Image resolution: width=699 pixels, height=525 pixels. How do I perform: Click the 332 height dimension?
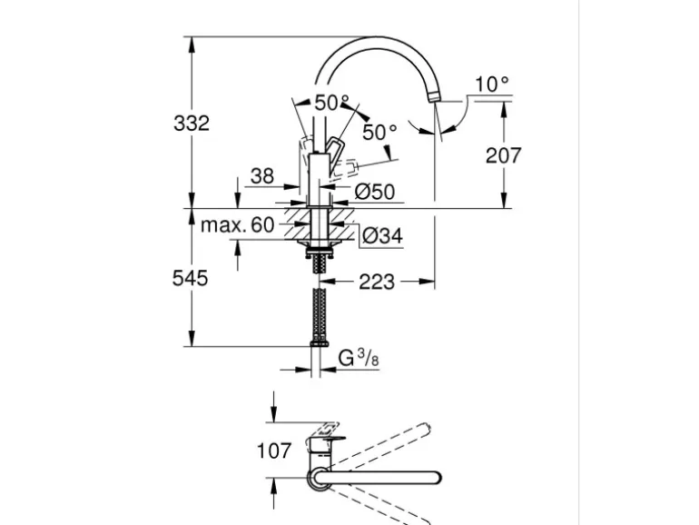pyautogui.click(x=191, y=123)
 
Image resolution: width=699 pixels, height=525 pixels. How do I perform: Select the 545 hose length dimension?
pyautogui.click(x=191, y=278)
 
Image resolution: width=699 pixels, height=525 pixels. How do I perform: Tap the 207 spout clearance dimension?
pyautogui.click(x=503, y=155)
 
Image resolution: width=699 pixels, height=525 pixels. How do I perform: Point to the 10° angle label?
pyautogui.click(x=492, y=84)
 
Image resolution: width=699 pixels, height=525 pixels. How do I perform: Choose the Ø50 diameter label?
pyautogui.click(x=374, y=192)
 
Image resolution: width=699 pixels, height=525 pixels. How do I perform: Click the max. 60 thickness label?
pyautogui.click(x=237, y=225)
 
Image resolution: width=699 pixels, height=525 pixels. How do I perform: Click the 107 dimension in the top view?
pyautogui.click(x=273, y=450)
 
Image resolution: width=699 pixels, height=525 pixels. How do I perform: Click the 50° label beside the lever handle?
pyautogui.click(x=379, y=132)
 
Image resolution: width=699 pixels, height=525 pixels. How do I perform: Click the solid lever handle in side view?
pyautogui.click(x=336, y=146)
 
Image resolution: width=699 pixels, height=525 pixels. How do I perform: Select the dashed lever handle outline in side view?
pyautogui.click(x=348, y=167)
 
